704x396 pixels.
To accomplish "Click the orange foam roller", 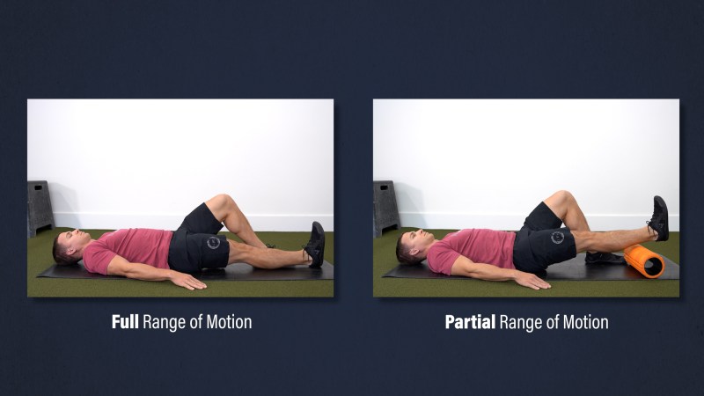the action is (644, 261).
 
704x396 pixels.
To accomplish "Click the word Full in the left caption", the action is (125, 322).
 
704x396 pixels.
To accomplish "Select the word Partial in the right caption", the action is (470, 322).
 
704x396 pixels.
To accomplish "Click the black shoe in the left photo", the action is (315, 245).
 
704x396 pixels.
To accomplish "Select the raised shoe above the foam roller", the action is (658, 217).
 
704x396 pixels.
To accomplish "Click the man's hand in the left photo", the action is (187, 282).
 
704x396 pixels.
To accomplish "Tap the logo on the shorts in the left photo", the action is (213, 243).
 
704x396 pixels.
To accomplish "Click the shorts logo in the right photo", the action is (557, 237).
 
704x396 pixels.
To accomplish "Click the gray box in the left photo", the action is (40, 207).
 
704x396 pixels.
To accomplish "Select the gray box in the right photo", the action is (386, 207).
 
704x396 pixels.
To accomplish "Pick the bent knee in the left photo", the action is (220, 203).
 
